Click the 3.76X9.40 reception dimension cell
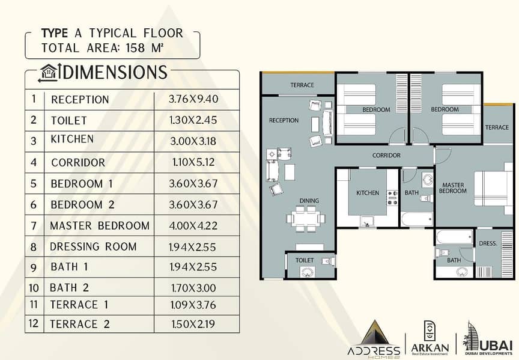click(193, 99)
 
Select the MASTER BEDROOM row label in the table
click(100, 226)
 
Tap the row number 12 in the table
click(34, 323)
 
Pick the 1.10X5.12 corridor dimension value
click(193, 162)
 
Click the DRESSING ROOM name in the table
click(93, 247)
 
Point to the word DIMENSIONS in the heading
click(115, 72)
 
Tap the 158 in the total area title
click(135, 48)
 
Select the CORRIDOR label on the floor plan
click(386, 155)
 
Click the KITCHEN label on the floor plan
click(368, 193)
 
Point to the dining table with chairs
click(306, 219)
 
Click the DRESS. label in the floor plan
click(488, 243)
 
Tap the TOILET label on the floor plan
click(304, 260)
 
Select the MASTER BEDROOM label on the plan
click(453, 188)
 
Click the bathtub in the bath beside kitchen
click(417, 219)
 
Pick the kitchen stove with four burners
click(393, 198)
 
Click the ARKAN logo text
click(429, 348)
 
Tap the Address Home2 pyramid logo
click(374, 339)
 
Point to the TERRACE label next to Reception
click(302, 85)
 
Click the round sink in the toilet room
click(307, 272)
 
